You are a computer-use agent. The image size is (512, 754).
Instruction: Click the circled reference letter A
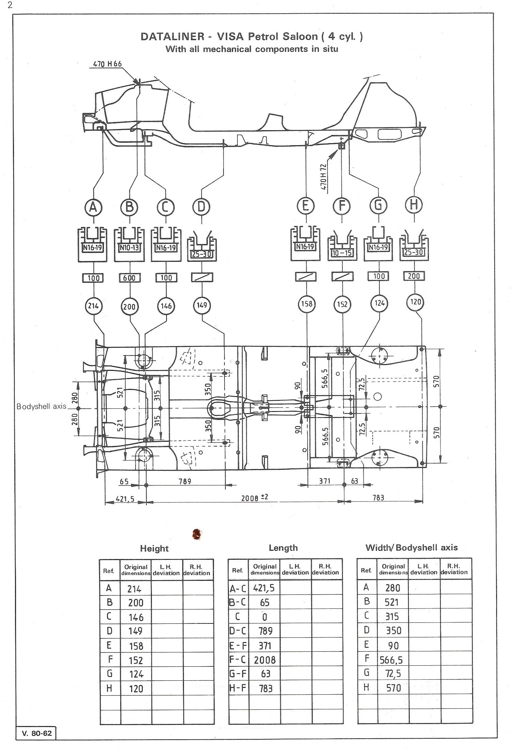pyautogui.click(x=93, y=207)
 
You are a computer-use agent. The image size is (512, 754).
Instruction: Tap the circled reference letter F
pyautogui.click(x=342, y=206)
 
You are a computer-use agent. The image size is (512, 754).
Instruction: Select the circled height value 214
pyautogui.click(x=93, y=306)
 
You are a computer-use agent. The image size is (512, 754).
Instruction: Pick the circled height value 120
pyautogui.click(x=416, y=302)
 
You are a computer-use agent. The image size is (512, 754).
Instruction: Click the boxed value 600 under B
pyautogui.click(x=129, y=278)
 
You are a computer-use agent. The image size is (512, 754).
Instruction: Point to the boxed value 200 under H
pyautogui.click(x=414, y=276)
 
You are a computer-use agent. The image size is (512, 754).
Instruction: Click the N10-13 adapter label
pyautogui.click(x=129, y=248)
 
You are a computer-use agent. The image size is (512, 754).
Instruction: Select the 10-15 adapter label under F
pyautogui.click(x=342, y=253)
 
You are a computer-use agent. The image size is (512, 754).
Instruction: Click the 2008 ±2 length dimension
pyautogui.click(x=255, y=497)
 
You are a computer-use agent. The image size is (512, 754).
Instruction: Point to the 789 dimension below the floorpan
pyautogui.click(x=185, y=481)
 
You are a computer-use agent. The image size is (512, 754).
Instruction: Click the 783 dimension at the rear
pyautogui.click(x=378, y=497)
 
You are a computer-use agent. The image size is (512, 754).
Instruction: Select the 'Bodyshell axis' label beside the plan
pyautogui.click(x=41, y=406)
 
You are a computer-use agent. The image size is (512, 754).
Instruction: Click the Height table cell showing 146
pyautogui.click(x=136, y=617)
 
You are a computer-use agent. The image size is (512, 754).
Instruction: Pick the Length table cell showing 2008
pyautogui.click(x=265, y=660)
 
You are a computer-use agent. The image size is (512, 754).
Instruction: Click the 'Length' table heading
pyautogui.click(x=283, y=548)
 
